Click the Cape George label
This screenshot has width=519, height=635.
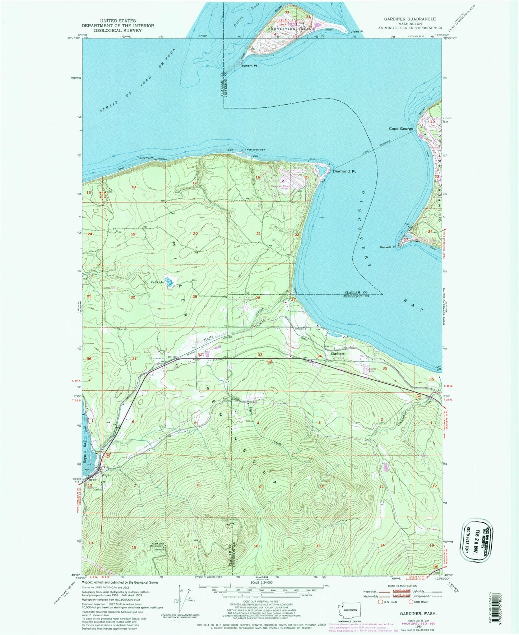pos(401,129)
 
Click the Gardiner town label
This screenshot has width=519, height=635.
pos(338,354)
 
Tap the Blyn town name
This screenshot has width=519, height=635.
pos(106,475)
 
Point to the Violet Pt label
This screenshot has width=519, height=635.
pos(357,32)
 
